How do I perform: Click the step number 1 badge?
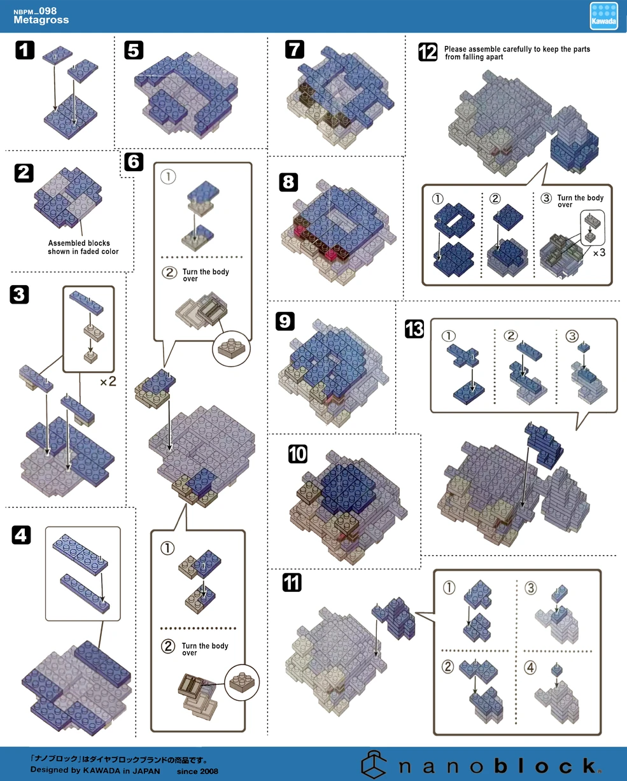(24, 50)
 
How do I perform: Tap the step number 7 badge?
(294, 49)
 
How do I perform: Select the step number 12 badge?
(428, 52)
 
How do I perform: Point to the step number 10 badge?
(297, 454)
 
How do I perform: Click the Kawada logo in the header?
(603, 16)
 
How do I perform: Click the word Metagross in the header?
(41, 20)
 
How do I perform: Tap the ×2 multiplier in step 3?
(107, 383)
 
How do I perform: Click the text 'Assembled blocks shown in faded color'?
(83, 247)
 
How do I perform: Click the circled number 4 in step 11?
(530, 668)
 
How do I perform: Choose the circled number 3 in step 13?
(572, 336)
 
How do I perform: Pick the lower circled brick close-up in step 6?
(242, 682)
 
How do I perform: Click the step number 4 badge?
(21, 535)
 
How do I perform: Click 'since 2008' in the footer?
(197, 771)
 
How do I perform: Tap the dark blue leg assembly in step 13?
(545, 444)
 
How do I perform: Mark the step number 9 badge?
(285, 321)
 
